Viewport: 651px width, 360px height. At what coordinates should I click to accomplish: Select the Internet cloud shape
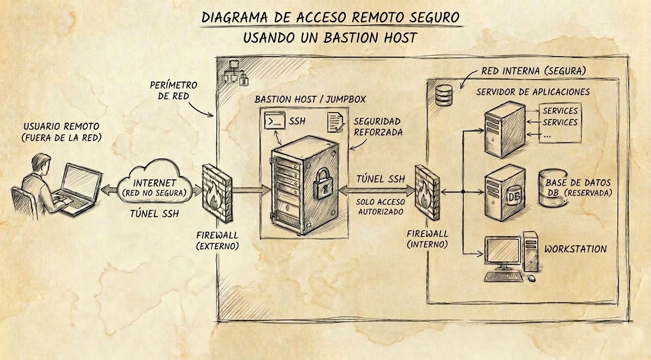154,184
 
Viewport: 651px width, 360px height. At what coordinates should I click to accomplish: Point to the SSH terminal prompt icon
274,121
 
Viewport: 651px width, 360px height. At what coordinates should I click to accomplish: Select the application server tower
504,130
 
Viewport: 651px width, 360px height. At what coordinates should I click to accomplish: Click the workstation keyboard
505,277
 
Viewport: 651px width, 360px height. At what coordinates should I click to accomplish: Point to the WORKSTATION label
575,249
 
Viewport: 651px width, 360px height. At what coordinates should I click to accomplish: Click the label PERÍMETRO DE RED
173,90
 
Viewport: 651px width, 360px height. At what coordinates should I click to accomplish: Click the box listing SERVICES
560,123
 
